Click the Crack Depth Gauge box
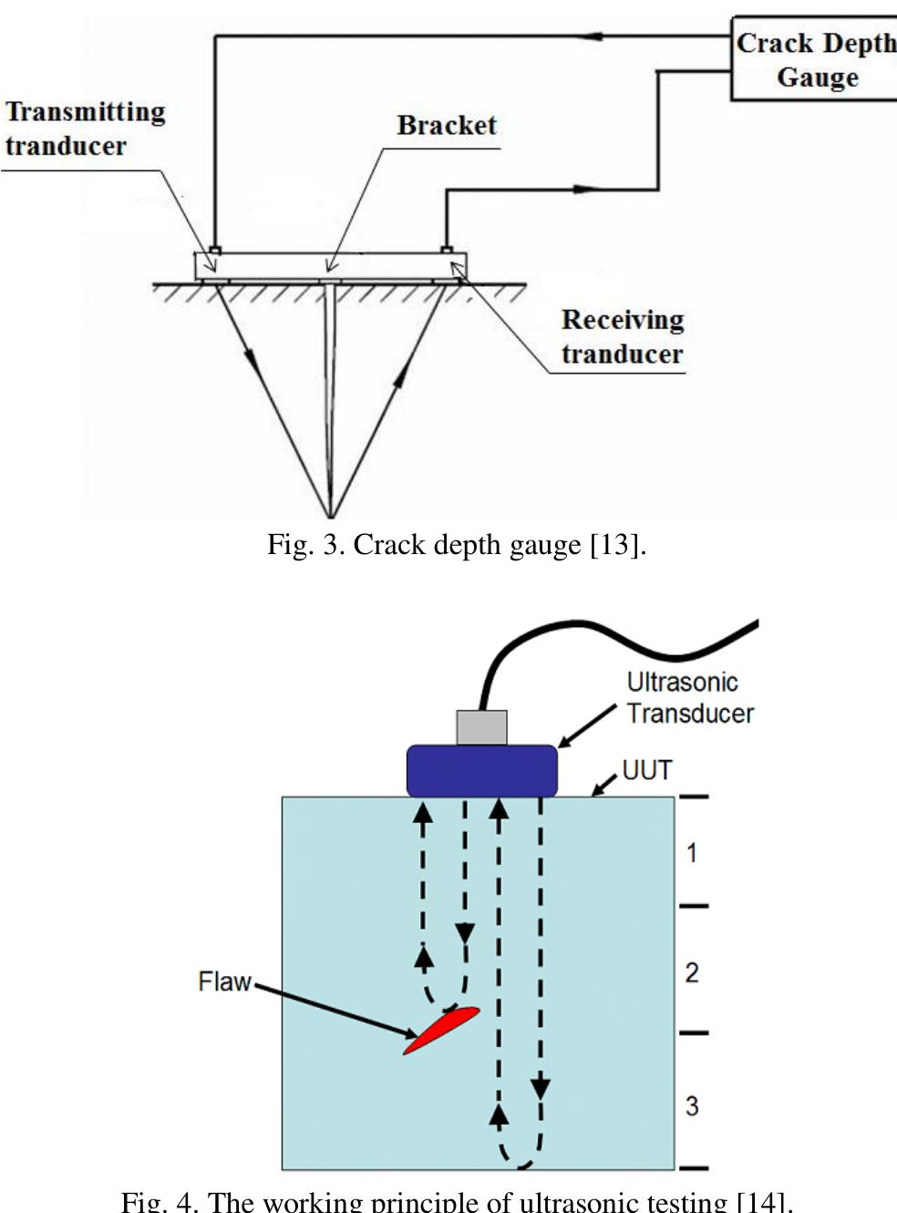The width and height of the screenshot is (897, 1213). coord(814,59)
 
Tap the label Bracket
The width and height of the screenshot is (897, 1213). coord(447,126)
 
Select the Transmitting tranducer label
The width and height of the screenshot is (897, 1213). coord(85,128)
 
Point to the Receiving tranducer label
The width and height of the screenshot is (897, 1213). coord(622,336)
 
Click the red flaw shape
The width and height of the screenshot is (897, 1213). coord(442,1030)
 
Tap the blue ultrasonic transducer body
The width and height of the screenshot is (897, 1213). coord(481,770)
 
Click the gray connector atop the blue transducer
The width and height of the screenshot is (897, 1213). coord(481,727)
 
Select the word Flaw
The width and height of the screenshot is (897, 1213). coord(224,982)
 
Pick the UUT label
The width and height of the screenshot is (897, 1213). coord(646,770)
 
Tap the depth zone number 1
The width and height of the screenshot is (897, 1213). coord(692,853)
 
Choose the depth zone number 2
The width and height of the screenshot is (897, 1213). coord(692,972)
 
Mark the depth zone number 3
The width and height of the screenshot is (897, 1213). coord(692,1105)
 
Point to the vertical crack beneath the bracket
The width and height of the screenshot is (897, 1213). coord(330,392)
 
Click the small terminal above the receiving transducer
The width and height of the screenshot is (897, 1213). coord(447,249)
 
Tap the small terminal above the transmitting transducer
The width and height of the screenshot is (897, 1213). coord(215,249)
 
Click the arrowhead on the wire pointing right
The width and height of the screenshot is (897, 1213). coord(587,190)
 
